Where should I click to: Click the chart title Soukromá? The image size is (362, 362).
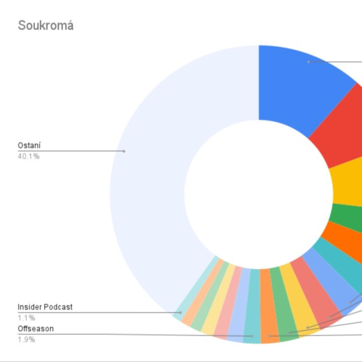45,25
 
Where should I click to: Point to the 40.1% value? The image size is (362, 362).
29,157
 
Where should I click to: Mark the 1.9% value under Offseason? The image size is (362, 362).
26,339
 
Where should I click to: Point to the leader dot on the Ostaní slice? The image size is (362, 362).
124,151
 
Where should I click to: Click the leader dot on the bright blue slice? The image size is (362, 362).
308,62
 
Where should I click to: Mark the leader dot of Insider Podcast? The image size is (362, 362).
181,312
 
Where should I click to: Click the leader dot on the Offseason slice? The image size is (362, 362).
252,336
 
